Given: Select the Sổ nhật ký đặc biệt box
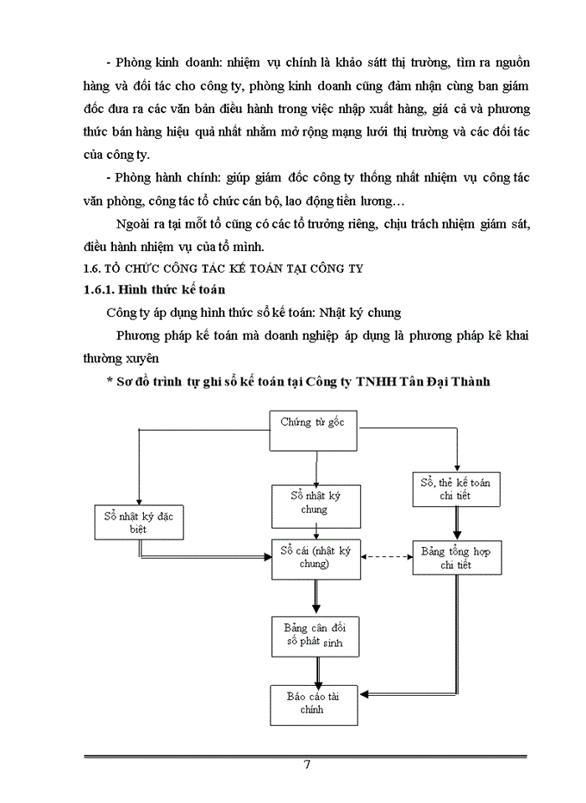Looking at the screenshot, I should click(137, 521).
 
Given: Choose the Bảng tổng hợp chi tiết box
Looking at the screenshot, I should click(457, 558).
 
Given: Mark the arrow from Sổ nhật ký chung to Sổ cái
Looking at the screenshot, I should click(315, 531).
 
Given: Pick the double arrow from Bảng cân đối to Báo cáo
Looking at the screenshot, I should click(315, 671).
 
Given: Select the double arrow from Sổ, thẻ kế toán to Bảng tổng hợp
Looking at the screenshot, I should click(457, 524).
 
